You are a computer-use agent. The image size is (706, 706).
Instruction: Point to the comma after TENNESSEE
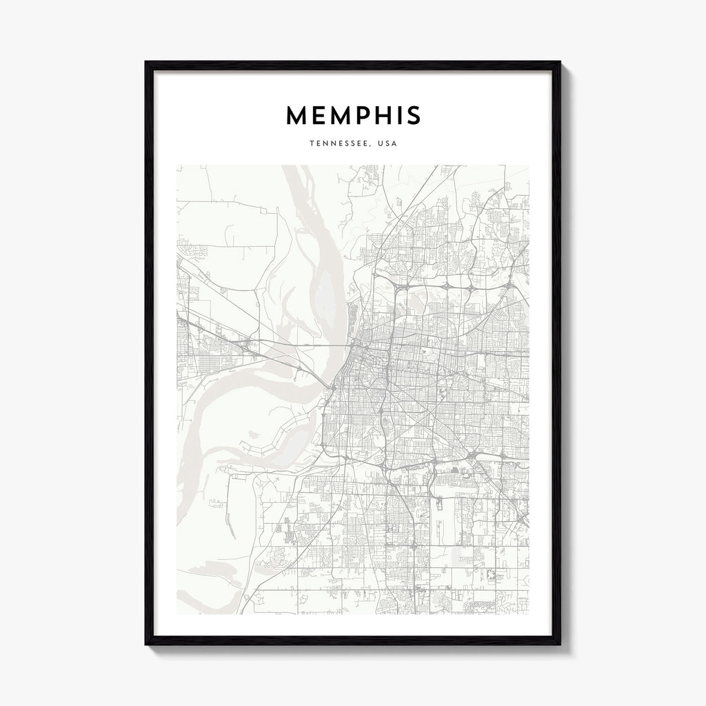370,147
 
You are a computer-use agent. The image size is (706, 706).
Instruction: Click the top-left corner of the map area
177,165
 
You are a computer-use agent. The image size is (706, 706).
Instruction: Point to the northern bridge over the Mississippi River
324,341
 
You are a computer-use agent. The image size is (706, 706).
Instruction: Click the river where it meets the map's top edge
293,167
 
